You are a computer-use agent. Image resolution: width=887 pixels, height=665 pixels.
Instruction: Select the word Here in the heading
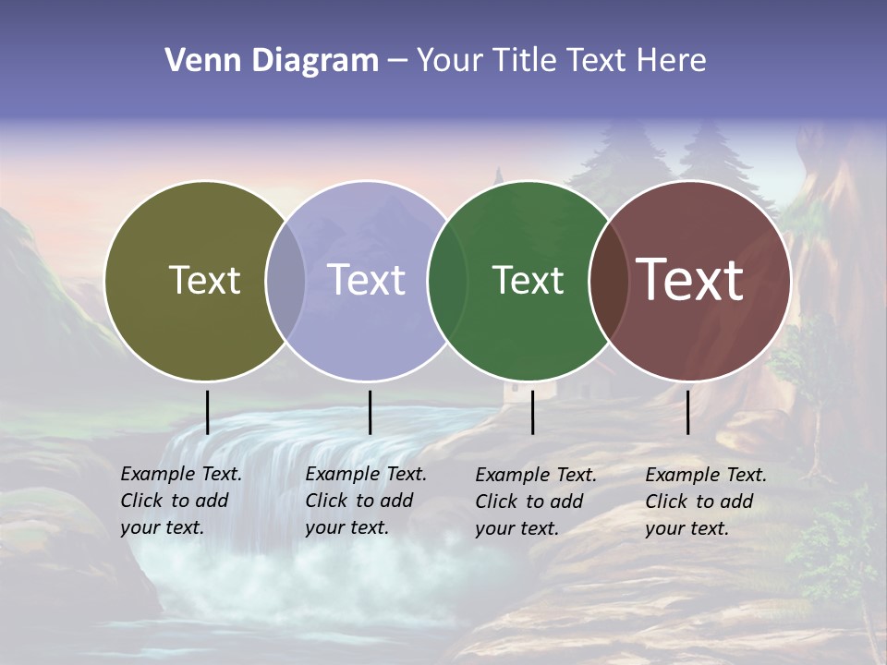(x=671, y=61)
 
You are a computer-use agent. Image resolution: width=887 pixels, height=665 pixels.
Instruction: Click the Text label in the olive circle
(x=204, y=280)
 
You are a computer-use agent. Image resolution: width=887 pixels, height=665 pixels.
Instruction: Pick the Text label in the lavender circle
(x=367, y=280)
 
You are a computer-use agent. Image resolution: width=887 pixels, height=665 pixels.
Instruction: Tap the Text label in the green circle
(x=528, y=280)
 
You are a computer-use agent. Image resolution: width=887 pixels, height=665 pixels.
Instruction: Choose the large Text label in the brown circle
(x=690, y=280)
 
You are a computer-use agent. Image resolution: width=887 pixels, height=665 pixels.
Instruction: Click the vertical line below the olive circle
(x=207, y=412)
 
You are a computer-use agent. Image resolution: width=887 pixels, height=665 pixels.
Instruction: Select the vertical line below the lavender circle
(x=370, y=412)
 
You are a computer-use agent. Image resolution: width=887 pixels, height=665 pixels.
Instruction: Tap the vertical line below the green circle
(x=532, y=412)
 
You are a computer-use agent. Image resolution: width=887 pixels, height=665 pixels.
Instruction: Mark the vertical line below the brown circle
(x=687, y=412)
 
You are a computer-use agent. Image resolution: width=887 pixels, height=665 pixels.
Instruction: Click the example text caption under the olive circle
(x=180, y=501)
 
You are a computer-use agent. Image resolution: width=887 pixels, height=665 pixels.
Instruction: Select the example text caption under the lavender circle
(x=365, y=501)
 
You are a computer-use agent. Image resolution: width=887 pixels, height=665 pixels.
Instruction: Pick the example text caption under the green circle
(x=535, y=502)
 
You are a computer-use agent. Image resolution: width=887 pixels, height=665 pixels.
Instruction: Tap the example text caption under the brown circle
(x=705, y=502)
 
